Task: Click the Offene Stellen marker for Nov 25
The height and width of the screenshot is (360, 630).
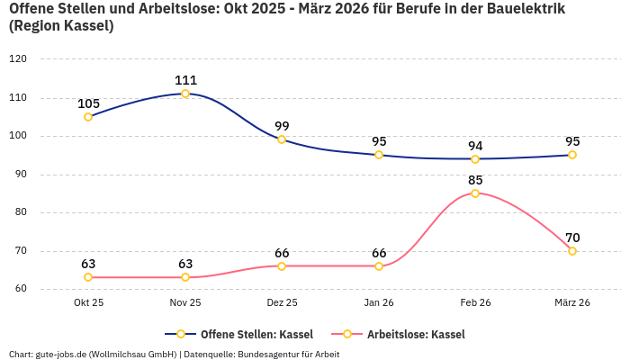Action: (x=185, y=94)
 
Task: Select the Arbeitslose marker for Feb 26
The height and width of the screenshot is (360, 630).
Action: (x=475, y=193)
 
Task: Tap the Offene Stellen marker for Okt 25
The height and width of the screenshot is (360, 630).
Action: (x=88, y=117)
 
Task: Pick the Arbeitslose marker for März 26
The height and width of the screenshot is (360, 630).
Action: (x=572, y=251)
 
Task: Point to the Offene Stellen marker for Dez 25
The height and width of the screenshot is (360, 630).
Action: (x=282, y=139)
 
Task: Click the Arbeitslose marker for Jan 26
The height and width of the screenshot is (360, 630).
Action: (x=379, y=266)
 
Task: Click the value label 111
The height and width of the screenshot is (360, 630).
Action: (x=185, y=80)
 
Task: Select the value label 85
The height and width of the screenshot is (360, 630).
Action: (x=475, y=180)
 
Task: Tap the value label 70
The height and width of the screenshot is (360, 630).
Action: (x=572, y=238)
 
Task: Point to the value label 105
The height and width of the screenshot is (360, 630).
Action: (x=88, y=103)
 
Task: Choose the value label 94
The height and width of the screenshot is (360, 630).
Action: (x=475, y=146)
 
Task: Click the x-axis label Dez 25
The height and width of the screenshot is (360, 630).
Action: (x=282, y=303)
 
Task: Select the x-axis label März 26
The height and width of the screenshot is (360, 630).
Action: (x=572, y=303)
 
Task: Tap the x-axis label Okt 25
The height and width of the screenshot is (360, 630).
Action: (x=88, y=303)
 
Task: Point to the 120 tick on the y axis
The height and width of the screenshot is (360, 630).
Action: (x=18, y=58)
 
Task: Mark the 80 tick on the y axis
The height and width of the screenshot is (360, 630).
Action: (x=21, y=213)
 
